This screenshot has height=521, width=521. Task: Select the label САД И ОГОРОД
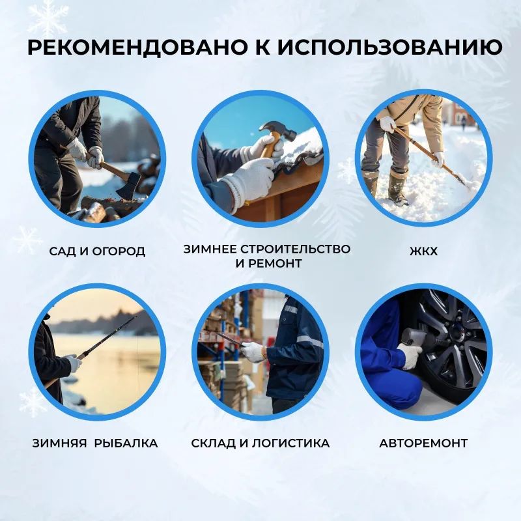pos(97,251)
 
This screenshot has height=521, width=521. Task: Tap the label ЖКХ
pos(423,251)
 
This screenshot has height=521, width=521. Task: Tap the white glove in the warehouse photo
pos(253,352)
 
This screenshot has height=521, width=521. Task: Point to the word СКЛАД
pos(212,444)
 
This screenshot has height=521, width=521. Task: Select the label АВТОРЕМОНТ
pos(423,444)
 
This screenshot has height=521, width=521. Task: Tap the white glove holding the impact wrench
pos(410,356)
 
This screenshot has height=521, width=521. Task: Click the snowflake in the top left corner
pos(47,18)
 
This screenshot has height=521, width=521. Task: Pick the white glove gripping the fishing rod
pos(73,363)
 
